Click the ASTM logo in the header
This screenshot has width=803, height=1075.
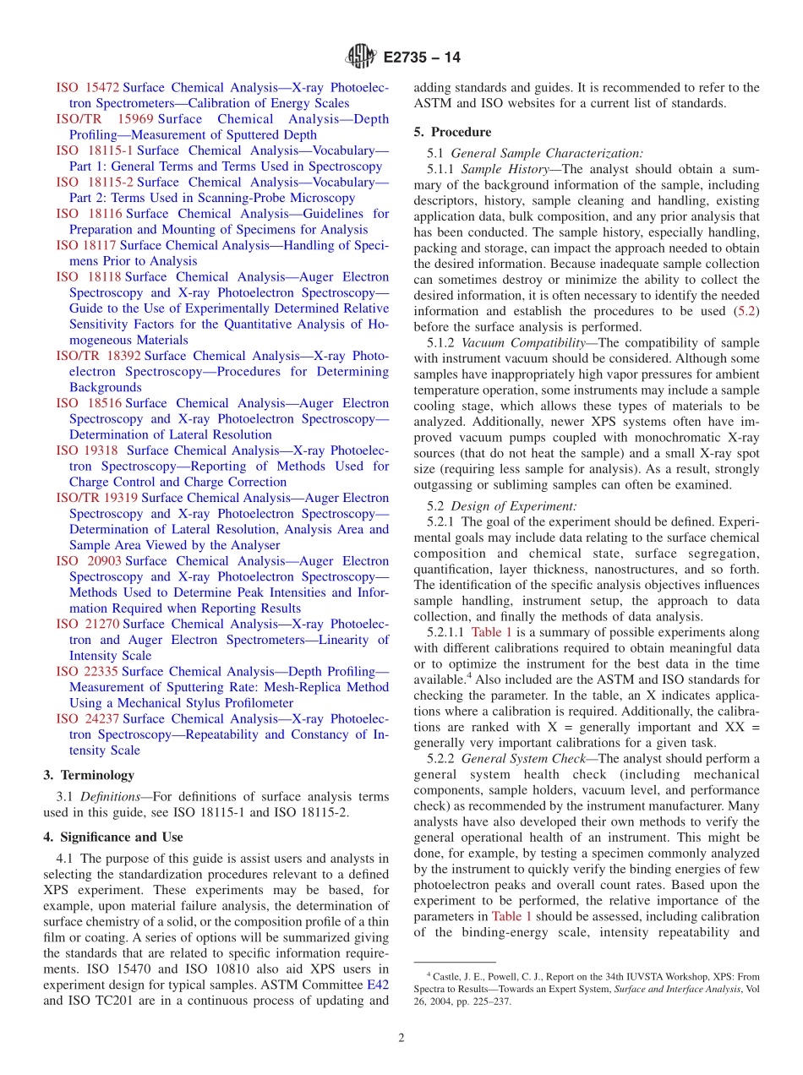click(360, 57)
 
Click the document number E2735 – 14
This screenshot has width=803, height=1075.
click(421, 58)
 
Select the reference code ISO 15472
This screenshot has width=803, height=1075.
click(88, 88)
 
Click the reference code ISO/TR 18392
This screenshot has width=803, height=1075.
click(104, 357)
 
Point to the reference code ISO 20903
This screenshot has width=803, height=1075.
click(88, 561)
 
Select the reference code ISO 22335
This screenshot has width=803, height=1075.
click(88, 672)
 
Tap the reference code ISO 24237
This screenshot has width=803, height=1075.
click(88, 719)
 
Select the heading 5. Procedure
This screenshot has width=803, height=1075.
click(452, 133)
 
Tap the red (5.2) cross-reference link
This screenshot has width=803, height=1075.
click(746, 312)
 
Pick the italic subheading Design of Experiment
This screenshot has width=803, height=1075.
click(514, 506)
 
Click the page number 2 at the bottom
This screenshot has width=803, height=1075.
click(401, 1039)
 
